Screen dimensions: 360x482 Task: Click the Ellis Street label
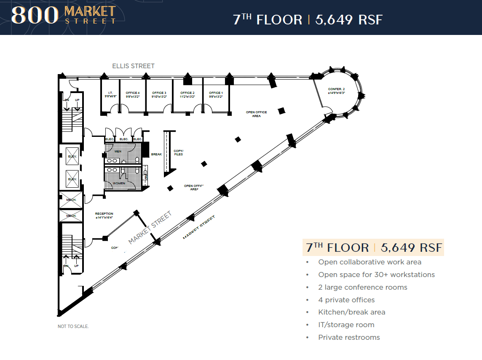pyautogui.click(x=133, y=66)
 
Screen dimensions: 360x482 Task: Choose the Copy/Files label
pyautogui.click(x=179, y=152)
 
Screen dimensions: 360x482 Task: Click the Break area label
pyautogui.click(x=156, y=155)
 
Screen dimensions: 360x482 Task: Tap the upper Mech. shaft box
pyautogui.click(x=71, y=200)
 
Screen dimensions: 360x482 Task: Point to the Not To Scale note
pyautogui.click(x=73, y=326)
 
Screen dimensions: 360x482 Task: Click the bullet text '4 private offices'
pyautogui.click(x=346, y=300)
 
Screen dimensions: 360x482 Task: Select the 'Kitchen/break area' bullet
pyautogui.click(x=352, y=312)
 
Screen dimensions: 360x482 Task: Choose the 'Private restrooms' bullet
pyautogui.click(x=349, y=337)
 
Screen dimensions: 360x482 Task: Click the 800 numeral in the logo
pyautogui.click(x=35, y=16)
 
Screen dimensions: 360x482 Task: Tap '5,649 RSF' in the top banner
pyautogui.click(x=348, y=20)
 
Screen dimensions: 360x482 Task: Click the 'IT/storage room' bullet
pyautogui.click(x=346, y=325)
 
